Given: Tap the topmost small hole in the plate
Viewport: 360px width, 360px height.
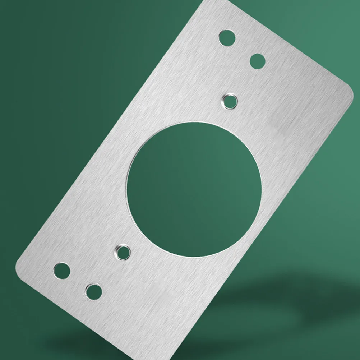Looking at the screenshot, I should [x=227, y=38].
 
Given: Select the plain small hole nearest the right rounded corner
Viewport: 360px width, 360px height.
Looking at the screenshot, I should [x=257, y=61].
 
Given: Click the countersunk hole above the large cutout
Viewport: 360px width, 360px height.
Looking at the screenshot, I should [x=230, y=101].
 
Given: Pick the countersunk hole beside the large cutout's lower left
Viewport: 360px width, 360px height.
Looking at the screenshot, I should [x=123, y=251].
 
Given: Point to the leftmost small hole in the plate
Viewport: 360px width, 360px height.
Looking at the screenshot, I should [x=61, y=270].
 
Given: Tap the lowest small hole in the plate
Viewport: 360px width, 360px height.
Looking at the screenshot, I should [x=93, y=291].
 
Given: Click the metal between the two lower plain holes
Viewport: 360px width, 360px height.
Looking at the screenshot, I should [x=77, y=281].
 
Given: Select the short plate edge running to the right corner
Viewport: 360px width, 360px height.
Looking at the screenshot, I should [x=287, y=43].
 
